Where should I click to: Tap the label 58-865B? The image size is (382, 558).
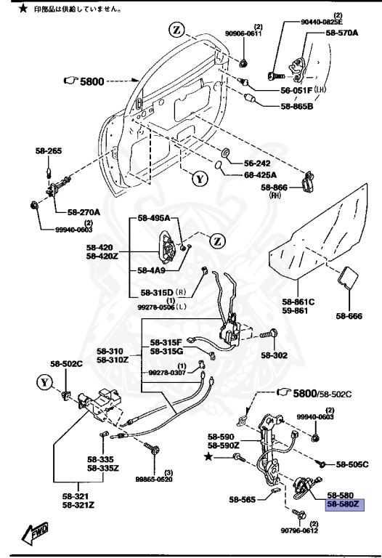coord(297,106)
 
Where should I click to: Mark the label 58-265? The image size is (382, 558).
coord(49,151)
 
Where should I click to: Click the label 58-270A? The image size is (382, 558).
coord(85,212)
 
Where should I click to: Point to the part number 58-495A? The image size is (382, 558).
coord(153,218)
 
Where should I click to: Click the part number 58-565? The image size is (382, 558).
coord(242,500)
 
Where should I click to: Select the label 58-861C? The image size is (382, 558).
coord(298,301)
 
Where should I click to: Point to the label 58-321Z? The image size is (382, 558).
coord(78,504)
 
